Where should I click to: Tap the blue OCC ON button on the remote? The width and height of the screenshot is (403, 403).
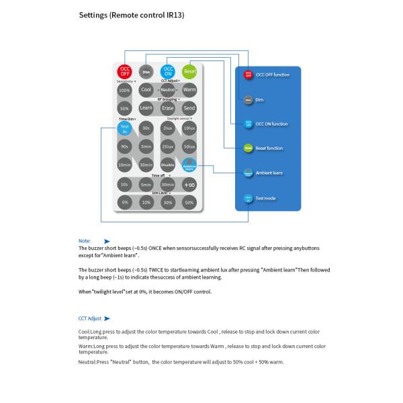(168, 71)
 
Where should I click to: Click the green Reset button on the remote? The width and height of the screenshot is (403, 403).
(189, 71)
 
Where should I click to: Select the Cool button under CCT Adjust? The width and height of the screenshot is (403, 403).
(146, 89)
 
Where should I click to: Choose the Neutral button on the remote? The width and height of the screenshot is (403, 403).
(168, 89)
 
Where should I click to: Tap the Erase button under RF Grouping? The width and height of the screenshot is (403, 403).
(168, 107)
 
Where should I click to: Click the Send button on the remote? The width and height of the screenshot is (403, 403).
(189, 107)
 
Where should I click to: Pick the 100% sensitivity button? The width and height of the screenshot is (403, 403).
(124, 90)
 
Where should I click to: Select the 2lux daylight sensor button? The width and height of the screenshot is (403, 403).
(168, 128)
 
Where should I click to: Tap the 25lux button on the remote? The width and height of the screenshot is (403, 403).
(168, 146)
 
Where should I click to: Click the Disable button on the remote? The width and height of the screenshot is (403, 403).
(168, 165)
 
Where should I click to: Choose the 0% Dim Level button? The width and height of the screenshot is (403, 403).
(124, 202)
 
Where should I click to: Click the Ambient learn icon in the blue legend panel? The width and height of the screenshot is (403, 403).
(248, 173)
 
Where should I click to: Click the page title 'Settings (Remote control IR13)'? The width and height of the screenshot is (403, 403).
(132, 14)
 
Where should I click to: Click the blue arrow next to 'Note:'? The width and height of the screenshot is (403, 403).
(107, 240)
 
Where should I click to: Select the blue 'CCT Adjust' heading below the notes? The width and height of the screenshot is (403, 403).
(91, 318)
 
